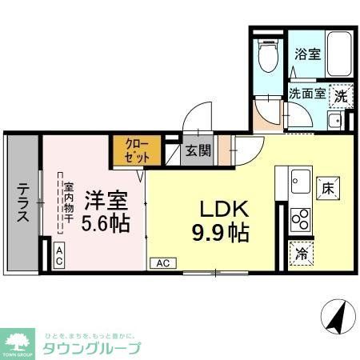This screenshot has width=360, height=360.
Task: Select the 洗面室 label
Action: (308, 93)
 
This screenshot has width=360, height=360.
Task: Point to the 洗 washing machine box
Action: (342, 94)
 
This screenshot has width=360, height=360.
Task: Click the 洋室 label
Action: (103, 197)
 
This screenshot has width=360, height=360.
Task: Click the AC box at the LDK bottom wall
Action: (162, 262)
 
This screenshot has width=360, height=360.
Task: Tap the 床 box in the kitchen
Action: (327, 189)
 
